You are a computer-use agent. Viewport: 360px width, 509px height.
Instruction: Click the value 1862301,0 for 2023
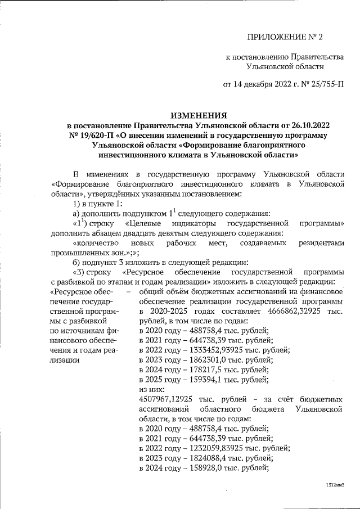[202, 359]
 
